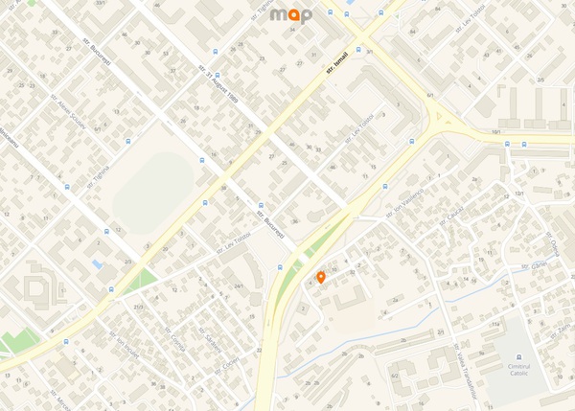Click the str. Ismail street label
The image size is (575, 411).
point(334,63)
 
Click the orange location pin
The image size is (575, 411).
point(320,277)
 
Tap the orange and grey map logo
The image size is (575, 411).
point(290,14)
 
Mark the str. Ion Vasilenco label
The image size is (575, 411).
point(403,208)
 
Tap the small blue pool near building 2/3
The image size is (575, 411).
point(97,263)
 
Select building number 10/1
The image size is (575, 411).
point(495,131)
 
